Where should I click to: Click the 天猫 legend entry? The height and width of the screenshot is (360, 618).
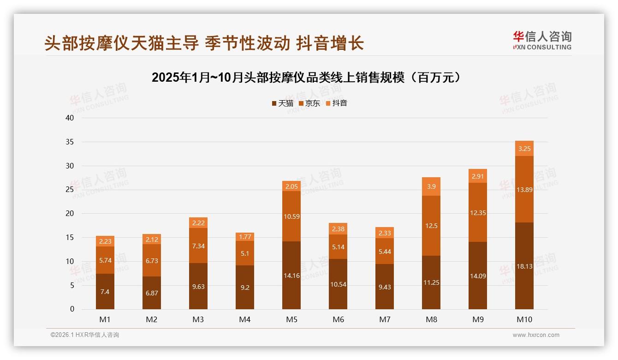pyautogui.click(x=282, y=103)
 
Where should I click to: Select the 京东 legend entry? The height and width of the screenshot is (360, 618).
pyautogui.click(x=309, y=103)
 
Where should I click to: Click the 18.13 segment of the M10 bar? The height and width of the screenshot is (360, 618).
pyautogui.click(x=524, y=266)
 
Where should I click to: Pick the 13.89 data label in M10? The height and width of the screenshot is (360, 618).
pyautogui.click(x=524, y=190)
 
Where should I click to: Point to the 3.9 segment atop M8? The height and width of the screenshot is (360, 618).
pyautogui.click(x=431, y=186)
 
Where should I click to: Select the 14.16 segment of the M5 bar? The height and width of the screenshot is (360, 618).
pyautogui.click(x=291, y=276)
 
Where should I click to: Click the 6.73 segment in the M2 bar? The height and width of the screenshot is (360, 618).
pyautogui.click(x=152, y=261)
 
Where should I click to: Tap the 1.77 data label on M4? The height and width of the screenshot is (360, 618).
pyautogui.click(x=245, y=237)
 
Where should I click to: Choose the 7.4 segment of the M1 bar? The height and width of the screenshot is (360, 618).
pyautogui.click(x=105, y=292)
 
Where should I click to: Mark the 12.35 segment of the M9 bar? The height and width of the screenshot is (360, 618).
pyautogui.click(x=478, y=213)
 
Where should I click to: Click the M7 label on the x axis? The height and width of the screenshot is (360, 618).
pyautogui.click(x=385, y=319)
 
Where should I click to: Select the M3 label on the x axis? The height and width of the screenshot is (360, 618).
pyautogui.click(x=198, y=319)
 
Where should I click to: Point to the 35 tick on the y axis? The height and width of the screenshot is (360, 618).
pyautogui.click(x=70, y=142)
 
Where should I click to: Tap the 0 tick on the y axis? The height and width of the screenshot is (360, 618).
pyautogui.click(x=72, y=309)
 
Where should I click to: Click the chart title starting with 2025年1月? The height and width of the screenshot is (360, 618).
pyautogui.click(x=306, y=78)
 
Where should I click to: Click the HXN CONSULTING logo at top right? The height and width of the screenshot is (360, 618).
pyautogui.click(x=542, y=40)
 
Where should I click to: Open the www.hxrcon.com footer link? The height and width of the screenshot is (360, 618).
pyautogui.click(x=536, y=335)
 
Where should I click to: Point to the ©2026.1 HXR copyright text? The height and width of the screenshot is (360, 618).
pyautogui.click(x=85, y=335)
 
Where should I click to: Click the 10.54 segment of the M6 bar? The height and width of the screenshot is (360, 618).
pyautogui.click(x=338, y=284)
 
